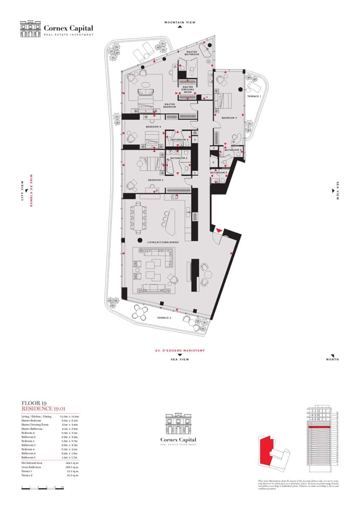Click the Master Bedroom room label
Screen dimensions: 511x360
pyautogui.click(x=170, y=105)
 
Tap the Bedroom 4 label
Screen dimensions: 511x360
pyautogui.click(x=153, y=127)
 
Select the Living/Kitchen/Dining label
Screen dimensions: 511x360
pyautogui.click(x=163, y=242)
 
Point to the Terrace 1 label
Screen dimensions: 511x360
pyautogui.click(x=254, y=96)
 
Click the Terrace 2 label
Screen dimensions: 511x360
pyautogui.click(x=164, y=318)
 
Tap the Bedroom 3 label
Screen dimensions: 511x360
pyautogui.click(x=230, y=118)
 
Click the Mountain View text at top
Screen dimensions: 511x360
pyautogui.click(x=180, y=22)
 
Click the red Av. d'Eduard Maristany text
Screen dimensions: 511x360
pyautogui.click(x=180, y=350)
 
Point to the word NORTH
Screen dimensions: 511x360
pyautogui.click(x=333, y=359)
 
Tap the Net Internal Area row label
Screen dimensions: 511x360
pyautogui.click(x=32, y=462)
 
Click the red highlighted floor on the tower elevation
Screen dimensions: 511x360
pyautogui.click(x=319, y=427)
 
